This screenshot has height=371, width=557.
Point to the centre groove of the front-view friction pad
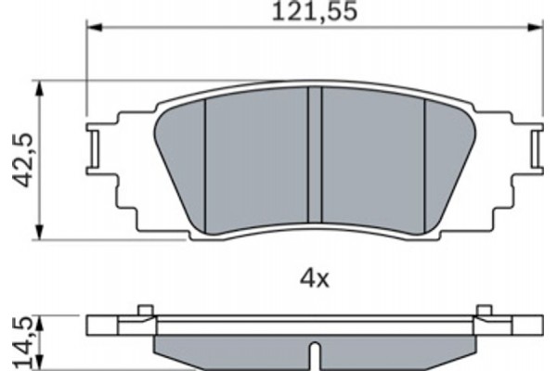(x=316, y=158)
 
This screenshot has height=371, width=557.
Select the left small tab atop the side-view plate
(x=142, y=311)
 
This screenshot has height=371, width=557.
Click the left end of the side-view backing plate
(x=93, y=326)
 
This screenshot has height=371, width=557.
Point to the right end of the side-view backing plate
(x=536, y=326)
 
